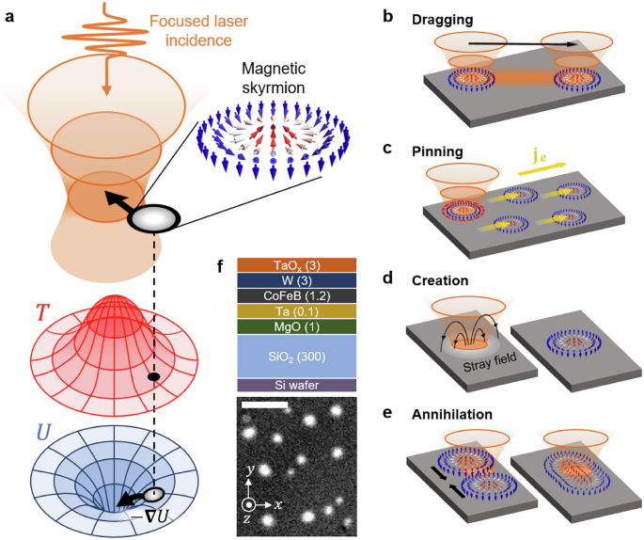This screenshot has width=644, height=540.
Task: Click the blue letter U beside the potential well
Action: point(42,431)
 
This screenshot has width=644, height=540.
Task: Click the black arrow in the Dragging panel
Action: point(508,43)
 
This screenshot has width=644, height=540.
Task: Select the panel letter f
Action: point(222,266)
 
